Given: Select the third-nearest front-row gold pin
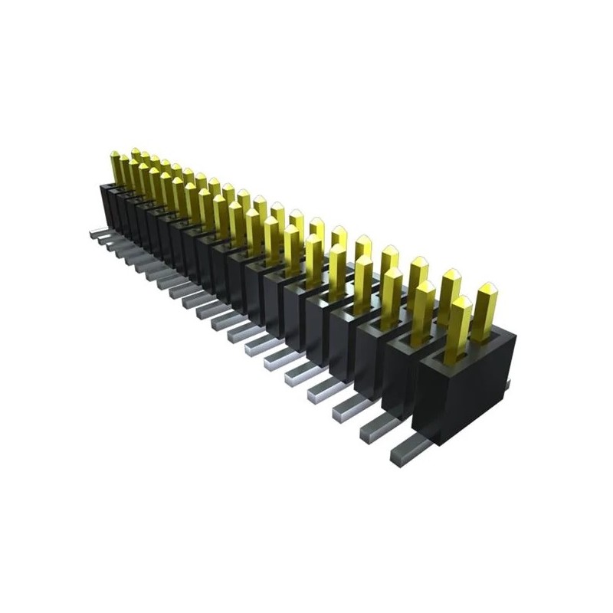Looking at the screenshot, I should (392, 291).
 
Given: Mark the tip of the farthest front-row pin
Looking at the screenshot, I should (115, 155).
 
